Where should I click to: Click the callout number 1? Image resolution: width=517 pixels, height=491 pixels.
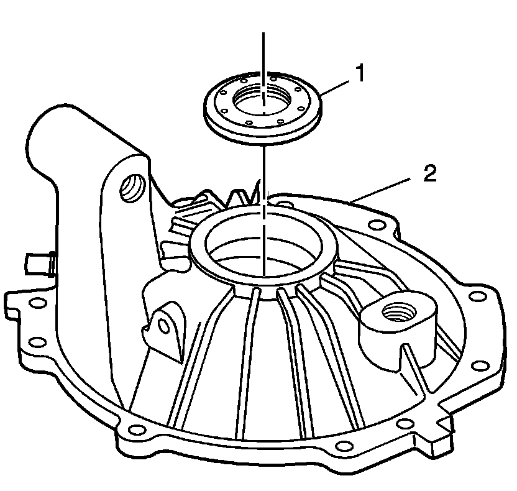(x=359, y=74)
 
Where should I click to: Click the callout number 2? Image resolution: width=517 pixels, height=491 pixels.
(x=429, y=173)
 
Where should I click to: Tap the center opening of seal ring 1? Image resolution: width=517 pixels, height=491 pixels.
(x=262, y=98)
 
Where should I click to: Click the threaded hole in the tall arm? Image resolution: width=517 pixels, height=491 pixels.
(x=132, y=186)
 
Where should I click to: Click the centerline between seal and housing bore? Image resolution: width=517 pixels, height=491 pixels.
(x=263, y=168)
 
